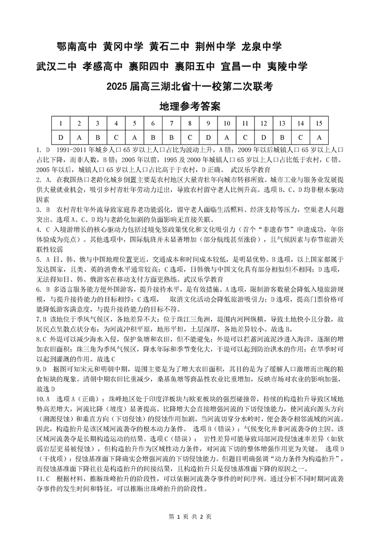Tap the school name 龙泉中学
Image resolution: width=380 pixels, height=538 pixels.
262,47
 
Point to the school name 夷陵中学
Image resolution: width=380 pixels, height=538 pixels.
287,66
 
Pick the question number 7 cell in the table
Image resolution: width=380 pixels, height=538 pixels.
153,123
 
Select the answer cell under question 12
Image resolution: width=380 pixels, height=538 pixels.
263,138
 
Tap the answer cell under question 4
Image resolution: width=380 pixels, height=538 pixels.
116,138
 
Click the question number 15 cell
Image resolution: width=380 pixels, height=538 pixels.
319,123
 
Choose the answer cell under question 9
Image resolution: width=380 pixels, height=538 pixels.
208,138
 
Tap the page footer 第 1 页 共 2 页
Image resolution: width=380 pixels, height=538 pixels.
190,517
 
